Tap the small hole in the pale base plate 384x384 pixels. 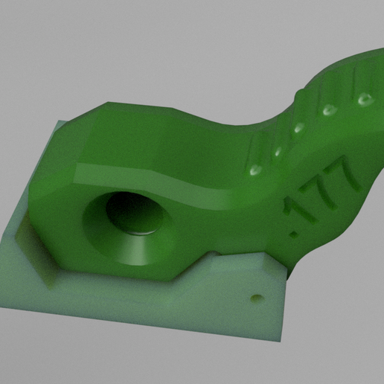point(257,297)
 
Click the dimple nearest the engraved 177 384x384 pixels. point(255,170)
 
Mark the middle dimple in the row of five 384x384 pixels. point(299,127)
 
